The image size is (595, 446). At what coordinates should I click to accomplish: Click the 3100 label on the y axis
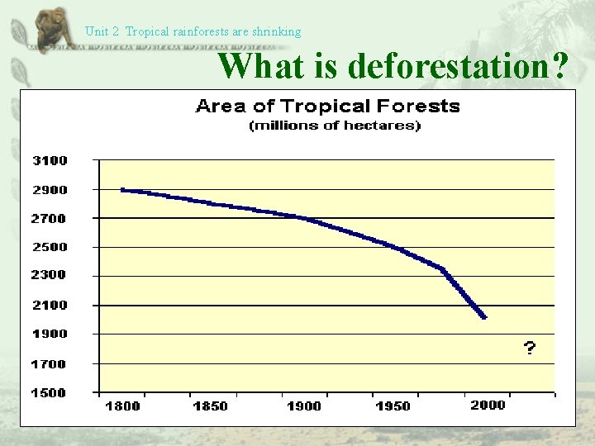click(x=50, y=160)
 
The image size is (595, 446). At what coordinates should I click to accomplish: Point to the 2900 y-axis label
click(x=50, y=190)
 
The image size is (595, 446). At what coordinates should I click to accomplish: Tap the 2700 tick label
click(x=50, y=219)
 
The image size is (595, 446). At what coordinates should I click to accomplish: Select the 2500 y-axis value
click(x=50, y=247)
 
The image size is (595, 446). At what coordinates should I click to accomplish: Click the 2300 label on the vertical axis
click(x=50, y=275)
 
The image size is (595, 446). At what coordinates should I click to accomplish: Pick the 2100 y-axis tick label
click(x=50, y=306)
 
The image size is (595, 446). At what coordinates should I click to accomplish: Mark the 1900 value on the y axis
click(x=50, y=334)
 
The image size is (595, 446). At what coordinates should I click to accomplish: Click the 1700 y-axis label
click(x=50, y=364)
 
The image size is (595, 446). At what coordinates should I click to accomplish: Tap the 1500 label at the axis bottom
click(x=50, y=393)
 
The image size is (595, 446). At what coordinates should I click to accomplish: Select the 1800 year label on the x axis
click(x=123, y=406)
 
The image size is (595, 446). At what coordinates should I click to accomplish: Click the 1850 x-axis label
click(x=211, y=406)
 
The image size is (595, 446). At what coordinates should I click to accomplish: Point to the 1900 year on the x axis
click(x=304, y=406)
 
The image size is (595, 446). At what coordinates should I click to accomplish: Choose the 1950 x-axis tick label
click(x=393, y=406)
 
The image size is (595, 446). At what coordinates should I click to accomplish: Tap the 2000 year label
click(x=488, y=406)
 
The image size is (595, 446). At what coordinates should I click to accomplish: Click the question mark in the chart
click(x=529, y=349)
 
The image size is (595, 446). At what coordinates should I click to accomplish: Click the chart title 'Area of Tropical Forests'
click(x=327, y=106)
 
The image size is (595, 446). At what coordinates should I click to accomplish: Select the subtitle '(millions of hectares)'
click(x=335, y=126)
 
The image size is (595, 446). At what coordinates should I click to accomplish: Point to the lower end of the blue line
click(x=484, y=317)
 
